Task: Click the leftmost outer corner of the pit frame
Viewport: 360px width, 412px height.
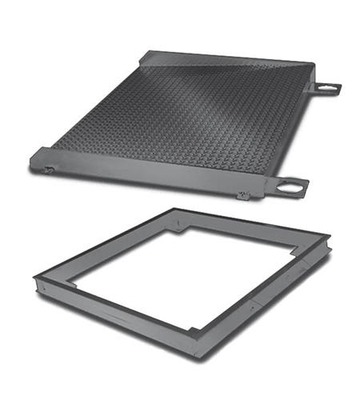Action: pos(35,279)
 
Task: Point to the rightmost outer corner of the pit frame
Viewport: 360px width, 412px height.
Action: pos(329,238)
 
